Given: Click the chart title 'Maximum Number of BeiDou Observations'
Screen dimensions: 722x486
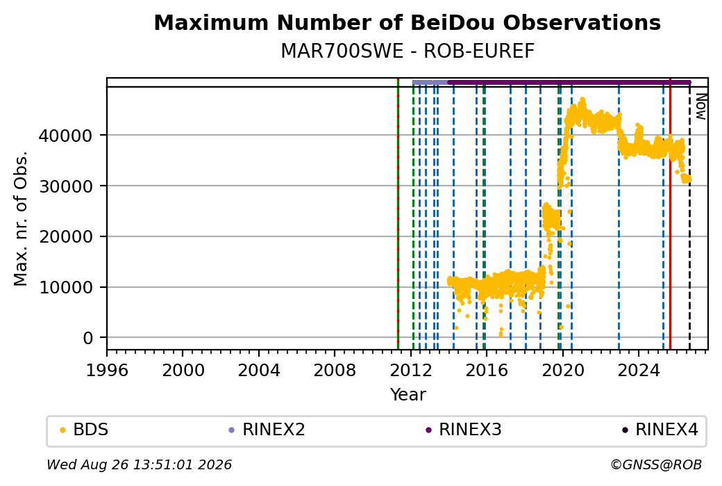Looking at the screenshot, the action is [407, 22].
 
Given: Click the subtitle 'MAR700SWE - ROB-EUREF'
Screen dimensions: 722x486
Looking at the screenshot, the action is [408, 51].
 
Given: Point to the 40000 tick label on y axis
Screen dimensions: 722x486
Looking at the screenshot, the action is [66, 136].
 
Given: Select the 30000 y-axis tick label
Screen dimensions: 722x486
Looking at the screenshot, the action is [66, 186].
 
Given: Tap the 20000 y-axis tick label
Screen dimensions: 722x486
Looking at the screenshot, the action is [66, 237].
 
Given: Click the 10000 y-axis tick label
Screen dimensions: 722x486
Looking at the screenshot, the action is [66, 288].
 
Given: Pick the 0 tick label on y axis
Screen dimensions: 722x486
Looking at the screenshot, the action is [88, 339].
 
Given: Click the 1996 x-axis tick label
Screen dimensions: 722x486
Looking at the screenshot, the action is [107, 371].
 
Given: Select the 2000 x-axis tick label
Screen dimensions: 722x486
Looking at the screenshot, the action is [183, 371].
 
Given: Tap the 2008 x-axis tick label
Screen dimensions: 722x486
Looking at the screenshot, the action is [335, 371].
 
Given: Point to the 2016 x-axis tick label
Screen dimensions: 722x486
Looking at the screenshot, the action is [487, 371].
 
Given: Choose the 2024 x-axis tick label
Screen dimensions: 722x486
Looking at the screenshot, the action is [639, 371].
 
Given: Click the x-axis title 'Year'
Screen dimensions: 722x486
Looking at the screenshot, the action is [408, 395].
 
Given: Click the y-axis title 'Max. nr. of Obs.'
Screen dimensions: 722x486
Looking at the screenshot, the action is [21, 218].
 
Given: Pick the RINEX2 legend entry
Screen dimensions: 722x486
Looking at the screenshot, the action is [267, 430].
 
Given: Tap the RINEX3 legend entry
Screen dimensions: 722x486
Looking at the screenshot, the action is [463, 430].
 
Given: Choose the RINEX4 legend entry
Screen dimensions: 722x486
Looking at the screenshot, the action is [660, 430].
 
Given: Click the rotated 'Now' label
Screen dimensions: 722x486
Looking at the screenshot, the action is [700, 106].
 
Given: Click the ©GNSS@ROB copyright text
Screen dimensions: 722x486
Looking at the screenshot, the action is [656, 464].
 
